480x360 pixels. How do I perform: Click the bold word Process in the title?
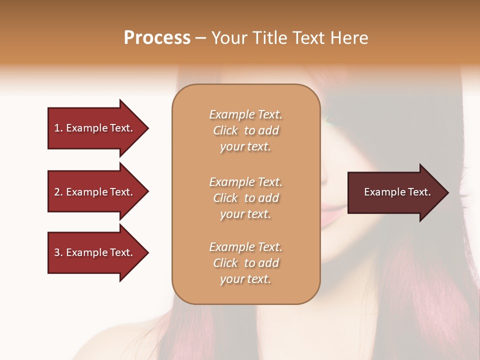pos(157,38)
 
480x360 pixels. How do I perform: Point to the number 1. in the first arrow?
pos(58,128)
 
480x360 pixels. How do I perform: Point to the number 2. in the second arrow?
pos(58,192)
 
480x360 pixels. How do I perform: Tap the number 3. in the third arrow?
pos(58,252)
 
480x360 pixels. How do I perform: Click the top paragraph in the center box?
pos(245,130)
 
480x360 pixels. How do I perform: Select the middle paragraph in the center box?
pos(245,198)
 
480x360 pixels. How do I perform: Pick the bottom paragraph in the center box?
pos(245,263)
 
